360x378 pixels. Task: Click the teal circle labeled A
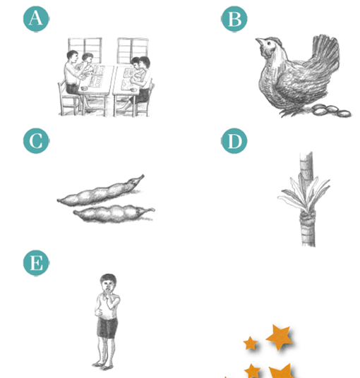[x=36, y=19]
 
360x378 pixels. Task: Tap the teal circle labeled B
[x=234, y=19]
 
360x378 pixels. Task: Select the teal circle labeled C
[x=36, y=141]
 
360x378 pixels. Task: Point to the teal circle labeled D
[x=234, y=141]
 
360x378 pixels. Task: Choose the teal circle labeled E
[x=36, y=263]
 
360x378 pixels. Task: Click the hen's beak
[x=259, y=41]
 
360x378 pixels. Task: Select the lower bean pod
[x=114, y=214]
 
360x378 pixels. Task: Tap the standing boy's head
[x=108, y=283]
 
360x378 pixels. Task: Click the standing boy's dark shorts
[x=107, y=328]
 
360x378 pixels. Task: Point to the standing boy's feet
[x=102, y=366]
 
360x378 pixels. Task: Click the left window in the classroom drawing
[x=85, y=50]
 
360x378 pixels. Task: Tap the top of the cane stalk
[x=306, y=153]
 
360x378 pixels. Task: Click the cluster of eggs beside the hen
[x=332, y=111]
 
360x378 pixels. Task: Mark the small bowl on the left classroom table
[x=84, y=88]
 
